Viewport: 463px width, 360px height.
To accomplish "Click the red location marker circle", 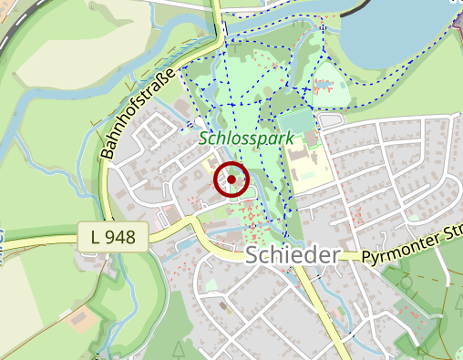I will tap(231, 180).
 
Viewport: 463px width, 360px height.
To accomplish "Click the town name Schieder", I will tap(292, 255).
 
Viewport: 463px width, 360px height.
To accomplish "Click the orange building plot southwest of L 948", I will tap(78, 320).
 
